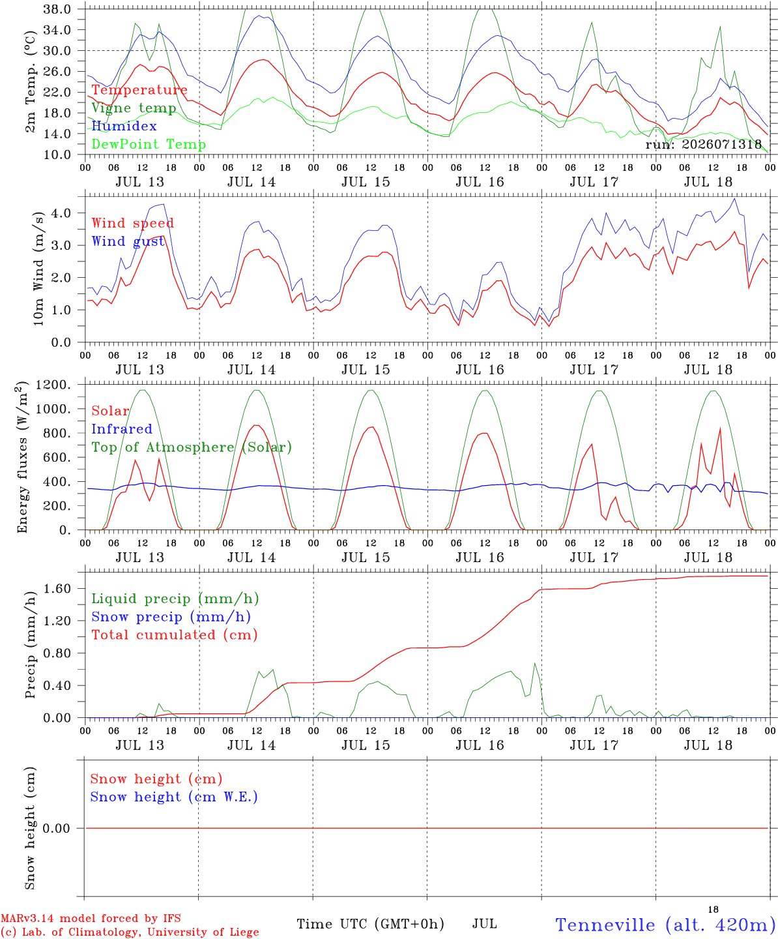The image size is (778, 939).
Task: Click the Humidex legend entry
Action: pyautogui.click(x=124, y=126)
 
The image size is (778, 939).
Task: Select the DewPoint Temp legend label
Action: pyautogui.click(x=149, y=144)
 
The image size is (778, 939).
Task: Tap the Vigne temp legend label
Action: pyautogui.click(x=134, y=108)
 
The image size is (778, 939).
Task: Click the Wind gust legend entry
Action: pyautogui.click(x=128, y=241)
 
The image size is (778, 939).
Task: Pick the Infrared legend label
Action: pyautogui.click(x=122, y=429)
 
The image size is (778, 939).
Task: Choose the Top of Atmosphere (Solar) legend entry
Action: pyautogui.click(x=192, y=447)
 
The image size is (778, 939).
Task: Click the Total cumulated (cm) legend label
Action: pyautogui.click(x=175, y=635)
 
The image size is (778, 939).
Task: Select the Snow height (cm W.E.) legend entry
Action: pyautogui.click(x=174, y=797)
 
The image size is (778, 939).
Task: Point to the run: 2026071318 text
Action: pyautogui.click(x=704, y=144)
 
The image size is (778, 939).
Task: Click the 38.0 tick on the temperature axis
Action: pyautogui.click(x=57, y=9)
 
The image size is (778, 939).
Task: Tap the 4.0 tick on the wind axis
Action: pyautogui.click(x=61, y=213)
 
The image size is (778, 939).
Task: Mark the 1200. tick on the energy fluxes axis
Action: pyautogui.click(x=53, y=385)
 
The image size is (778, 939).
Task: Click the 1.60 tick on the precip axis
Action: pyautogui.click(x=57, y=589)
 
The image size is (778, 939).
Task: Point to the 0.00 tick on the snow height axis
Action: pyautogui.click(x=57, y=828)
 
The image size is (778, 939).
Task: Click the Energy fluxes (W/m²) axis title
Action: pyautogui.click(x=22, y=457)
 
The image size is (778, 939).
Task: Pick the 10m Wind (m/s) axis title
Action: pyautogui.click(x=38, y=269)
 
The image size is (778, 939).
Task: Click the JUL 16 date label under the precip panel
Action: pyautogui.click(x=480, y=745)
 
